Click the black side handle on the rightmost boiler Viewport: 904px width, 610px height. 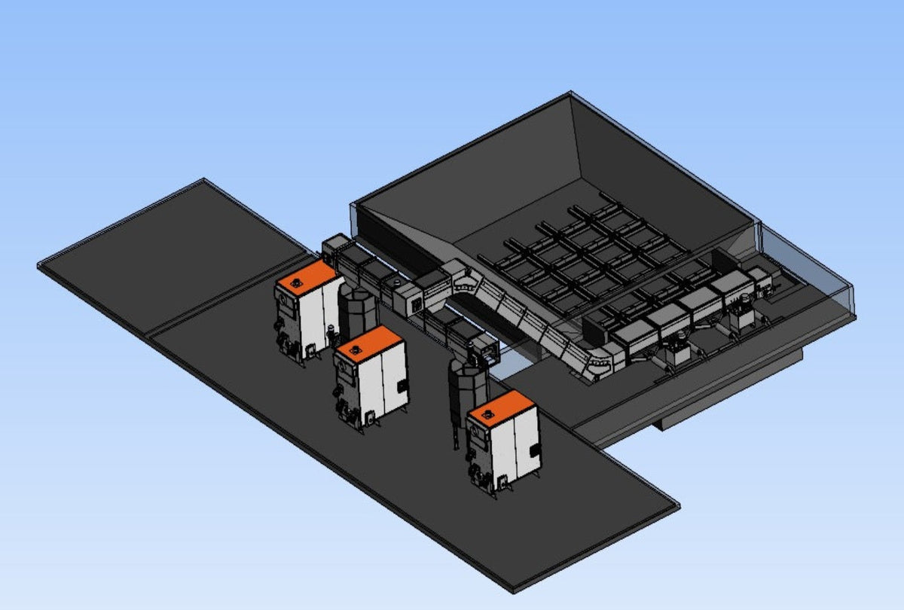coord(534,451)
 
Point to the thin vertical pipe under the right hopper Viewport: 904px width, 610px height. coord(456,433)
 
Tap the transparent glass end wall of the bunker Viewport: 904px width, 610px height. coord(806,271)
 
